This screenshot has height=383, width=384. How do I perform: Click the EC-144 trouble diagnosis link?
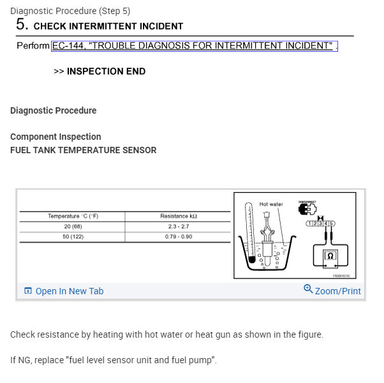(x=194, y=46)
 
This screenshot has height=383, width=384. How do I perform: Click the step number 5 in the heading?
(x=22, y=25)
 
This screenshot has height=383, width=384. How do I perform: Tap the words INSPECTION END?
(x=106, y=71)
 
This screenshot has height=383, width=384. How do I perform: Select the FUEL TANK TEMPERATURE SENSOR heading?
(x=83, y=150)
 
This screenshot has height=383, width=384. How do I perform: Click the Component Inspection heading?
(x=55, y=137)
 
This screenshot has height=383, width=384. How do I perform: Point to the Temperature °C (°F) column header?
(x=73, y=216)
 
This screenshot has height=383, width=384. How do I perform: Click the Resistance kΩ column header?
(x=178, y=216)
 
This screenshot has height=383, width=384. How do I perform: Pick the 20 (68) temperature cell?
(x=73, y=227)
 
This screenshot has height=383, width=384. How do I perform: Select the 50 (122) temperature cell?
(x=73, y=237)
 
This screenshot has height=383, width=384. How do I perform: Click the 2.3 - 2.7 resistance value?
(x=178, y=227)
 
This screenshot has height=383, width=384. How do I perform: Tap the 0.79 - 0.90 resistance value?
(x=178, y=237)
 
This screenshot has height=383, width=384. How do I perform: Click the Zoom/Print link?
(x=332, y=290)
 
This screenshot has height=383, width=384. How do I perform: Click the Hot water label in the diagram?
(x=270, y=204)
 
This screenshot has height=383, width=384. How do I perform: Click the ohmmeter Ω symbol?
(x=330, y=256)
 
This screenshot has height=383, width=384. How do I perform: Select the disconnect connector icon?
(x=307, y=209)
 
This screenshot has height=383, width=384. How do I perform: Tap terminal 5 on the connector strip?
(x=332, y=223)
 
